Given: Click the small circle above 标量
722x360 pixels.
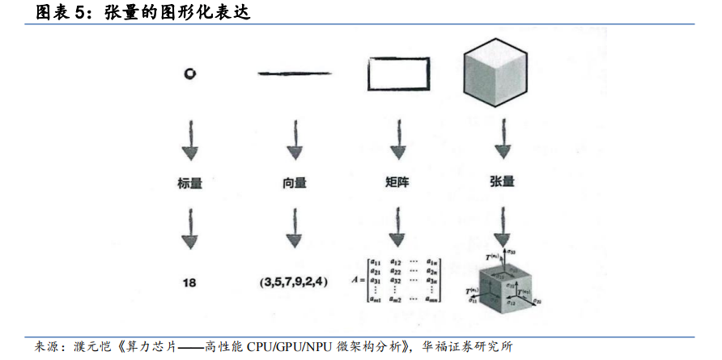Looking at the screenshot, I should [189, 74].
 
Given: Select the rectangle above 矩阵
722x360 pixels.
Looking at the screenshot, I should [397, 74].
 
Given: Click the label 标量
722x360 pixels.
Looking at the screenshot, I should [189, 183].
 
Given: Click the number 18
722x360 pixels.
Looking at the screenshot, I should [189, 282].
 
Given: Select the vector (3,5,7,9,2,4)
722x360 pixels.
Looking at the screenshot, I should [295, 282].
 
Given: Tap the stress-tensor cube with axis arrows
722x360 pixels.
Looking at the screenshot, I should [503, 282].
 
